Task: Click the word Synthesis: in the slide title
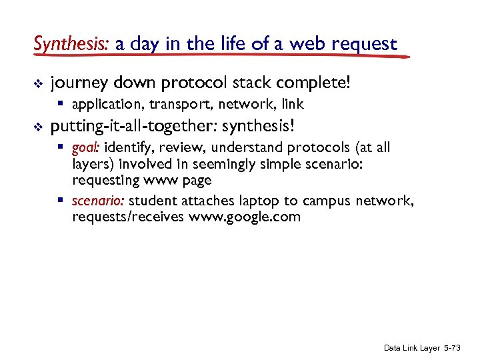point(71,45)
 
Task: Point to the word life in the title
point(229,45)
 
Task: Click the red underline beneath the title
point(220,57)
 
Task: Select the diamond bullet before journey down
point(37,83)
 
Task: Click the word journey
point(78,83)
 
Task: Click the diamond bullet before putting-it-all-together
point(37,126)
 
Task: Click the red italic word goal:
point(86,147)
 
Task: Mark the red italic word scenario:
point(98,201)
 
